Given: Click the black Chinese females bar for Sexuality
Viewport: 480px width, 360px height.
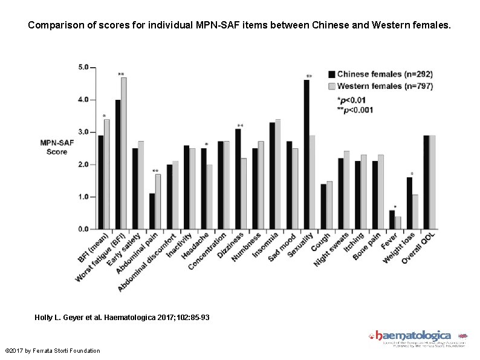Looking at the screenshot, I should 306,155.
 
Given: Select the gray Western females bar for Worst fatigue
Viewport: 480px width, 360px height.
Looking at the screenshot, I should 124,154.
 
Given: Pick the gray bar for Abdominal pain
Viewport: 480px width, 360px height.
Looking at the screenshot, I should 158,202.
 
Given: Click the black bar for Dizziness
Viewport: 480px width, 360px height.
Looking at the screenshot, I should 238,179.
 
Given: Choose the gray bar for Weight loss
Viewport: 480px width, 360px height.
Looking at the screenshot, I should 415,212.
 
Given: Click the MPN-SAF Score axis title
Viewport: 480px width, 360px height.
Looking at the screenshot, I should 57,147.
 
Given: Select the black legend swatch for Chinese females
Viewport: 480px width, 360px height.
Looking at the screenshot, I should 331,74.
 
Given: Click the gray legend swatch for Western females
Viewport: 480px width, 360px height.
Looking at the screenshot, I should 331,86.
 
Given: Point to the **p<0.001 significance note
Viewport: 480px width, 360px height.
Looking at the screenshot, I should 355,110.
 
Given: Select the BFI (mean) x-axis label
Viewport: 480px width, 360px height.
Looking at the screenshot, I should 93,248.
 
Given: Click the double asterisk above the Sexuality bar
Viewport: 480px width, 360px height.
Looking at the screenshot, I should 309,77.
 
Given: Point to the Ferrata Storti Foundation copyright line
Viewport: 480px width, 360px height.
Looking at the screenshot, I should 52,351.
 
